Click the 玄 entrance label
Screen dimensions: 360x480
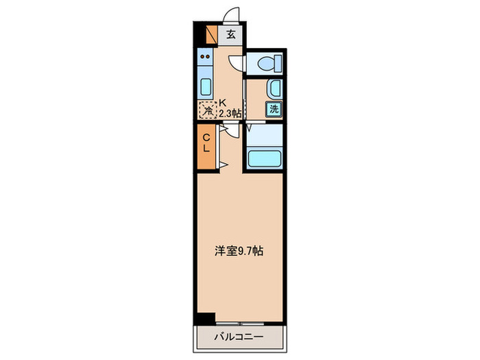tap(230, 34)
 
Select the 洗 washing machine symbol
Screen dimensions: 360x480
tap(274, 108)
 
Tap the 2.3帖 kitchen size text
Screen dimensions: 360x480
tap(230, 113)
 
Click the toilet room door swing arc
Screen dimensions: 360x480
tap(236, 62)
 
